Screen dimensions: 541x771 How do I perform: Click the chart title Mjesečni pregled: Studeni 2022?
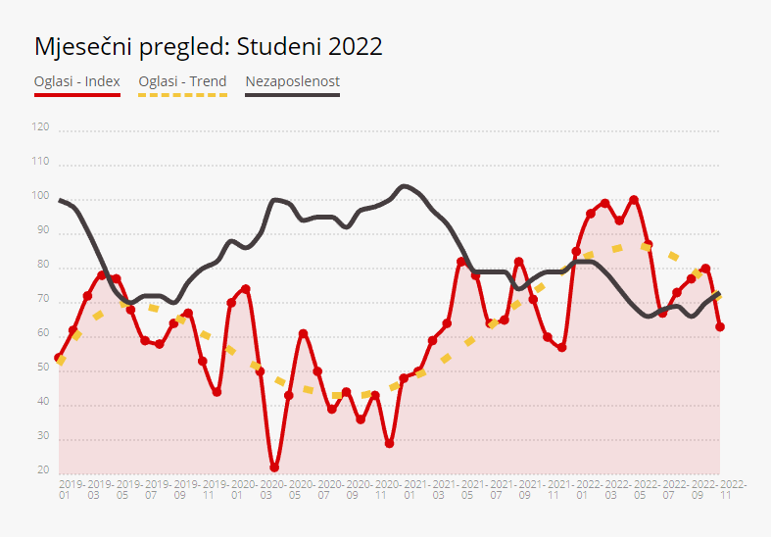click(x=208, y=46)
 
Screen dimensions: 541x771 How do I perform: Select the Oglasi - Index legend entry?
click(x=77, y=81)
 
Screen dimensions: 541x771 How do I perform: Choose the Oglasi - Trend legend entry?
click(x=182, y=81)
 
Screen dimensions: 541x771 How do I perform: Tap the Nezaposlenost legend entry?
click(x=292, y=81)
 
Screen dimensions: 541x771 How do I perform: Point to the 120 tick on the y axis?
click(x=40, y=127)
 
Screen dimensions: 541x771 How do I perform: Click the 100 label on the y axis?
click(x=40, y=196)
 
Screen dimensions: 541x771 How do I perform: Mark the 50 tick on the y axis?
click(x=42, y=368)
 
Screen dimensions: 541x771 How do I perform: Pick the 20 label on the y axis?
click(x=42, y=470)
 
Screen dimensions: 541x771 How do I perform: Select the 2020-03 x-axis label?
click(x=274, y=489)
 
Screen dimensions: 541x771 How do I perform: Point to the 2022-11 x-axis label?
click(x=732, y=489)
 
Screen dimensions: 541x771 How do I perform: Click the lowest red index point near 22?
click(x=274, y=467)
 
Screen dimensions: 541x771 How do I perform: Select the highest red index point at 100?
click(x=634, y=200)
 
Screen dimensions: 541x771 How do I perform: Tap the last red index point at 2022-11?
click(x=720, y=326)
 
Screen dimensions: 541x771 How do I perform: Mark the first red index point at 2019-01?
click(x=58, y=359)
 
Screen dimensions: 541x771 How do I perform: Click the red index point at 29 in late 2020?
click(x=389, y=444)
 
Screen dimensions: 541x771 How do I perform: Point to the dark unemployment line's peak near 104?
click(x=405, y=185)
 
